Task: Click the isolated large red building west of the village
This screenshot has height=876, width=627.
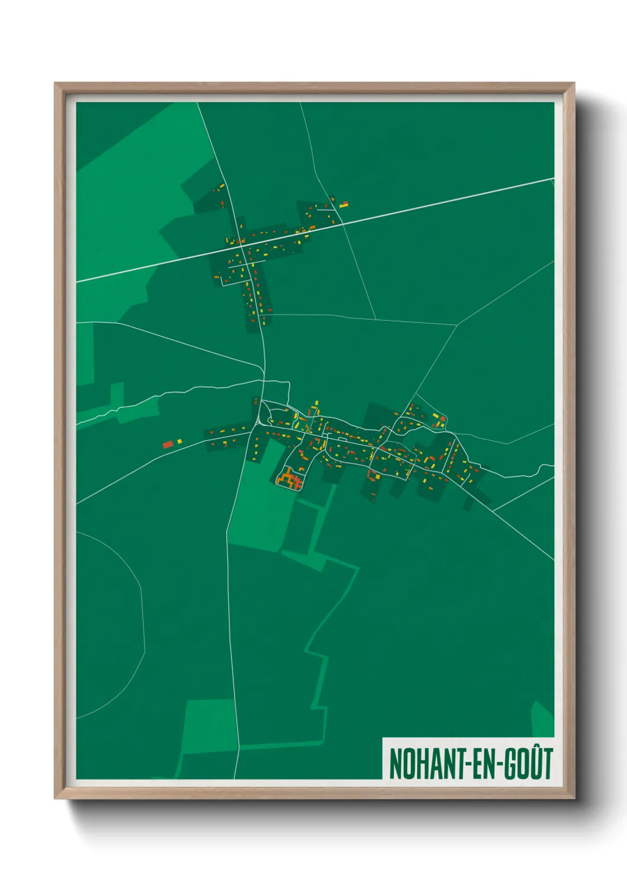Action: click(x=168, y=444)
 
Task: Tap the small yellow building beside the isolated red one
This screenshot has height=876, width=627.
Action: click(x=179, y=441)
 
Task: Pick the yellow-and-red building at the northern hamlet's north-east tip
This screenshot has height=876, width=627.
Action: click(x=343, y=205)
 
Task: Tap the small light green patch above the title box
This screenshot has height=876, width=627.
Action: click(x=542, y=720)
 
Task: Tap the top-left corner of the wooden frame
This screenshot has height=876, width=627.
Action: click(x=57, y=85)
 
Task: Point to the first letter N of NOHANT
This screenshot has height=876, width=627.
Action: click(x=394, y=764)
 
